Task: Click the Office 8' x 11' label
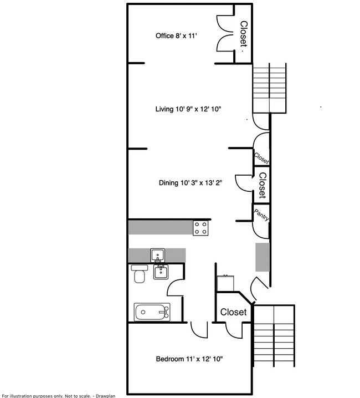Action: click(x=176, y=35)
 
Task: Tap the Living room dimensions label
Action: click(x=188, y=109)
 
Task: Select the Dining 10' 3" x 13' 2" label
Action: click(x=191, y=183)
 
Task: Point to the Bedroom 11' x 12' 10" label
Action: click(x=189, y=359)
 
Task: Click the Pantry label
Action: click(x=261, y=215)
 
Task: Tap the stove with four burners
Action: click(x=200, y=228)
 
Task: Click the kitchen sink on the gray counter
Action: click(x=157, y=256)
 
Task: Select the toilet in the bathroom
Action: click(x=139, y=274)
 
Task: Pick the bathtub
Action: click(x=152, y=312)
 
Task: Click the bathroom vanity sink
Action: click(x=161, y=272)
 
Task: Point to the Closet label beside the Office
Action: click(x=244, y=34)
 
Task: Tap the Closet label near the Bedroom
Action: click(x=233, y=312)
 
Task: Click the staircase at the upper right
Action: click(x=269, y=88)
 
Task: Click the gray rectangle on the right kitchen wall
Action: click(x=263, y=257)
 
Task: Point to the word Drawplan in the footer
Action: click(x=105, y=396)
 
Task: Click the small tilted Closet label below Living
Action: click(x=261, y=158)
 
